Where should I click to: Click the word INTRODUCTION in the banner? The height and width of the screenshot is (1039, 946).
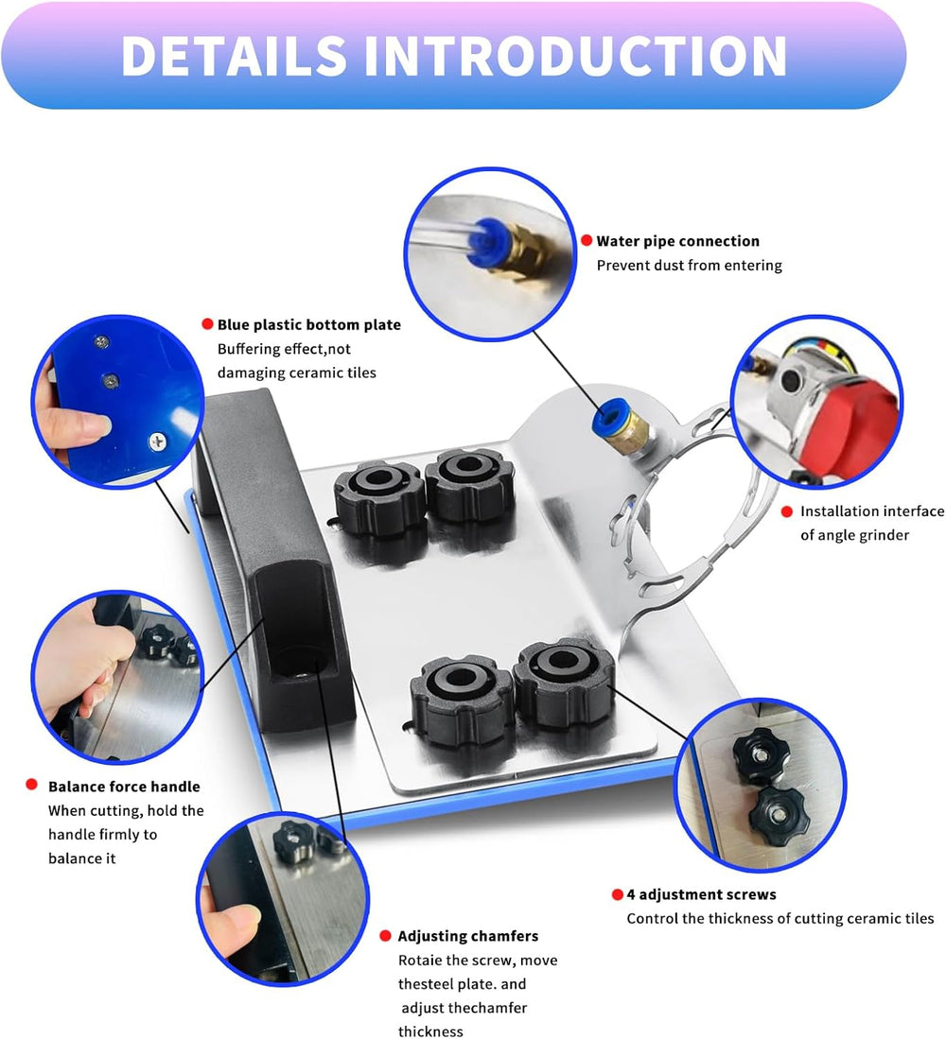pos(576,56)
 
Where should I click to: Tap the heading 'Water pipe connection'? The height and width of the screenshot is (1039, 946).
pos(677,241)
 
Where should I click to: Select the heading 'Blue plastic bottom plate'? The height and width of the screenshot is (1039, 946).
pos(308,324)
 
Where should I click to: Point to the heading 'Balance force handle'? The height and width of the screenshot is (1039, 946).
pos(124,786)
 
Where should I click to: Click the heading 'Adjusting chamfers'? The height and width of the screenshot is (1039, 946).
pos(467,936)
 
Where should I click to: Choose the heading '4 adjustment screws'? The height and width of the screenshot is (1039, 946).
pos(701,894)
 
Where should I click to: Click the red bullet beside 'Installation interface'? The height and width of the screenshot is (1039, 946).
pos(786,511)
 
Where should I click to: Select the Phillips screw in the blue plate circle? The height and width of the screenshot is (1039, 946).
pos(155,438)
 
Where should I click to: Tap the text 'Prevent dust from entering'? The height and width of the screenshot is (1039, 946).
pos(689,265)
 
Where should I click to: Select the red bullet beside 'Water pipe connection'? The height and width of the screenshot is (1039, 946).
pos(587,241)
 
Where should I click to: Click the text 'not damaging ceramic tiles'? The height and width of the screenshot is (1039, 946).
pos(296,372)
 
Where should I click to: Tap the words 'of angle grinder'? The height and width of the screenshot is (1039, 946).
pos(854,535)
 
